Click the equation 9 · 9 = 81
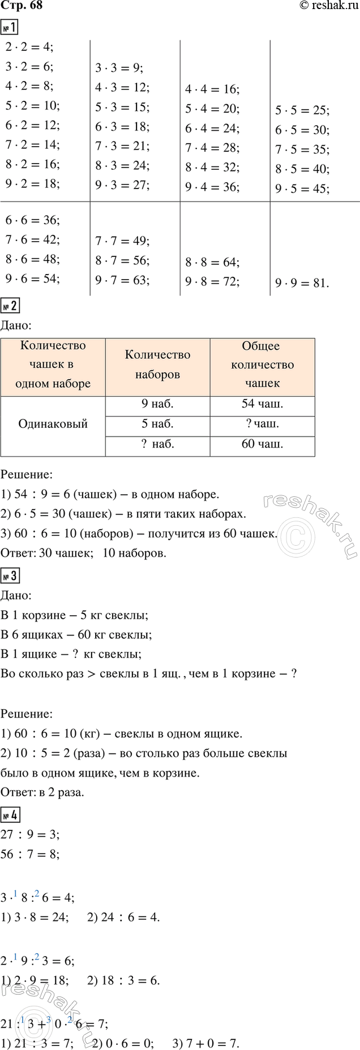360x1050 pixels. pyautogui.click(x=302, y=282)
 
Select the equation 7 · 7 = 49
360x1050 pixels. pyautogui.click(x=122, y=241)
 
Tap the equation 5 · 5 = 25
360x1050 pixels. pyautogui.click(x=302, y=110)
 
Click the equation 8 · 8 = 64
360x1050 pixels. pyautogui.click(x=212, y=262)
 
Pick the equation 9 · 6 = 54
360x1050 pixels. pyautogui.click(x=32, y=278)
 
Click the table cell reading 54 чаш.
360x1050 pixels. pyautogui.click(x=262, y=404)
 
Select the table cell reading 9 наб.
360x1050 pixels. pyautogui.click(x=157, y=404)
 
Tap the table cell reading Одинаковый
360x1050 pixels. pyautogui.click(x=53, y=424)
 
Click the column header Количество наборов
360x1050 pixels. pyautogui.click(x=157, y=365)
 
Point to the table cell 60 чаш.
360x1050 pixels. pyautogui.click(x=262, y=444)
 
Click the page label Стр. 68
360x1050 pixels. pyautogui.click(x=22, y=6)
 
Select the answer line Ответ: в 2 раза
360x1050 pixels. pyautogui.click(x=42, y=792)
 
